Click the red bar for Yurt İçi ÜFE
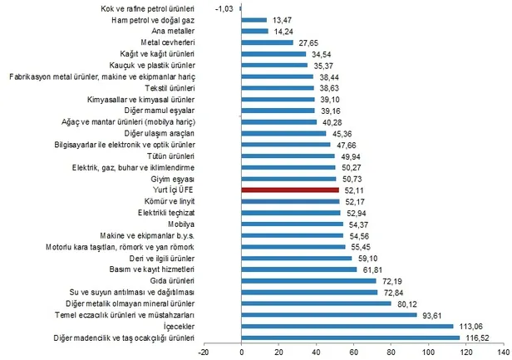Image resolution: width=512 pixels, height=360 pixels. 290,190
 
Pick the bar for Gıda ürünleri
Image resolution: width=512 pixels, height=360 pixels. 308,281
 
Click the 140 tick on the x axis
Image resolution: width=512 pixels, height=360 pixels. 504,352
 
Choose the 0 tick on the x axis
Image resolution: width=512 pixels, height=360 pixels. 242,352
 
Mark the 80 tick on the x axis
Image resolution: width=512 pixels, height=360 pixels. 391,352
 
